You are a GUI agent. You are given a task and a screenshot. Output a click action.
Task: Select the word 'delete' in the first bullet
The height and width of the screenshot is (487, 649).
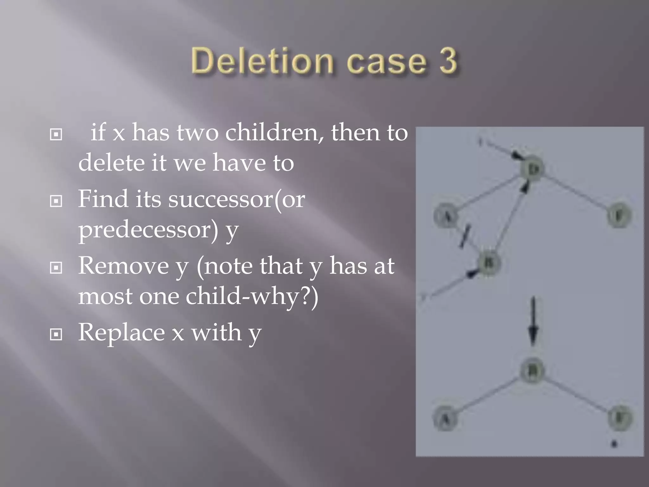[110, 163]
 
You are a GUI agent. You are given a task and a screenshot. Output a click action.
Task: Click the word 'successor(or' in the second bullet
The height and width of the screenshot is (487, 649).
[237, 199]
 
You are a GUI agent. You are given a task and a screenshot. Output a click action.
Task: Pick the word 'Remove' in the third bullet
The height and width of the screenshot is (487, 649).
[124, 266]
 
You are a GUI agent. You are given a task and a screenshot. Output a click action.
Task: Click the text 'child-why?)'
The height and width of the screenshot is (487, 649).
[252, 296]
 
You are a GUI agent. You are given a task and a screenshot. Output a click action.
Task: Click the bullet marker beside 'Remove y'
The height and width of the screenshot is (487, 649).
[56, 268]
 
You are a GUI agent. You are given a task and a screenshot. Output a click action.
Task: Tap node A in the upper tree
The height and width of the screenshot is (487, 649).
[446, 216]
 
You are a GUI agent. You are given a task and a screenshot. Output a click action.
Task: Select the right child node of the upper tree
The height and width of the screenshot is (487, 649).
[619, 216]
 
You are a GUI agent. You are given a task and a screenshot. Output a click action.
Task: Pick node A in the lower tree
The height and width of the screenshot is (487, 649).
[446, 419]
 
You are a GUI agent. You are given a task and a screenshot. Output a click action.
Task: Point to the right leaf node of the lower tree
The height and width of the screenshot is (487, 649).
[620, 418]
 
